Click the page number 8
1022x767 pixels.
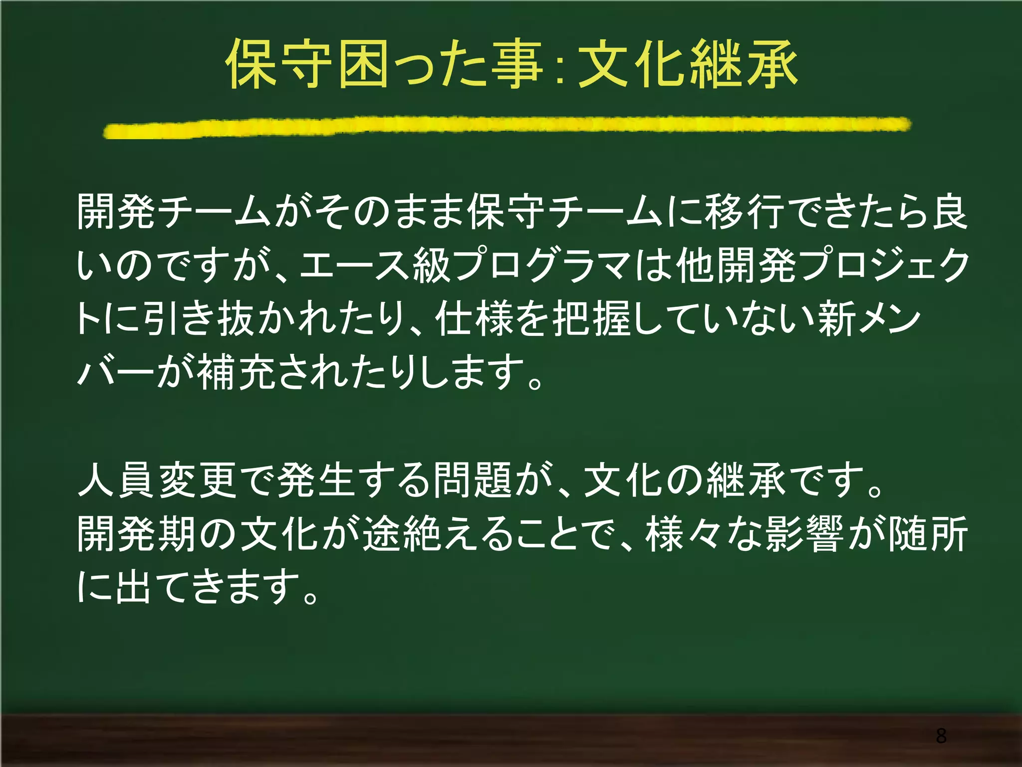[x=941, y=736]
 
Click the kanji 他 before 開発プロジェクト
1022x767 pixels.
[x=695, y=265]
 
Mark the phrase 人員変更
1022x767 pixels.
[x=157, y=480]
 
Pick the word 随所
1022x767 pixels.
[x=928, y=534]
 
